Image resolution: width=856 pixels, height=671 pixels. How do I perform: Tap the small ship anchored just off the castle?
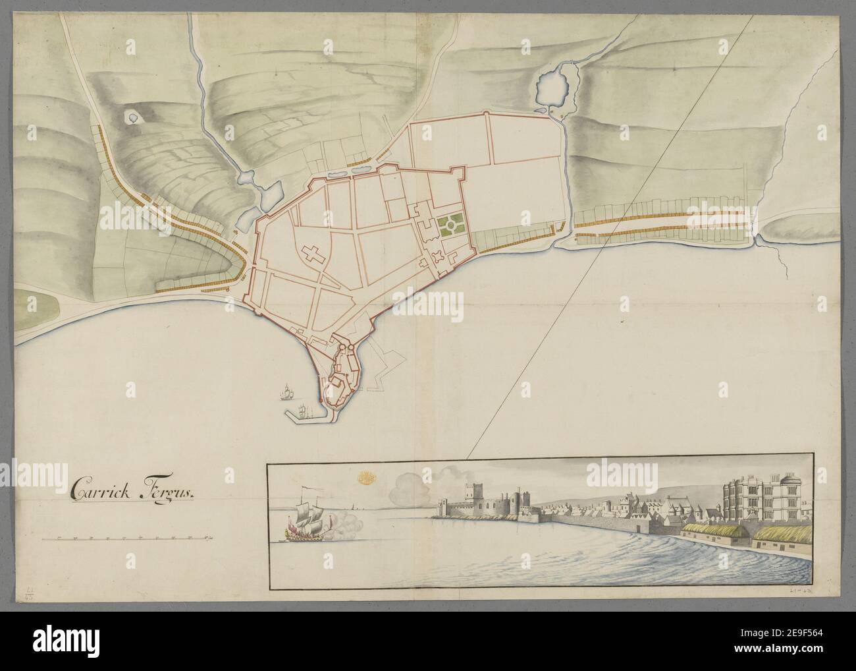[x=286, y=394]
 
